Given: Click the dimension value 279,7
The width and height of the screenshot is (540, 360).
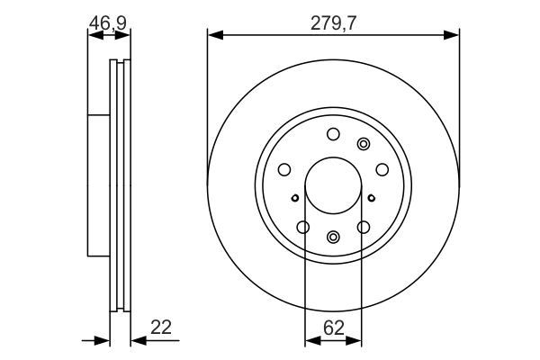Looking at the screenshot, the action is click(333, 23).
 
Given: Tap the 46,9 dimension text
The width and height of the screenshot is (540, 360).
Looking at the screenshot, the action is click(108, 23).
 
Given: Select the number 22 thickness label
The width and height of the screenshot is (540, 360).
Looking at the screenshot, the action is click(161, 327).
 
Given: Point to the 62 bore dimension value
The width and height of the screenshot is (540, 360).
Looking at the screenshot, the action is click(334, 328).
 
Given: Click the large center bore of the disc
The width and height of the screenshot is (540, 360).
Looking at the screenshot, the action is click(333, 185).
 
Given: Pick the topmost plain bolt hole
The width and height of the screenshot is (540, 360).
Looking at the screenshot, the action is click(333, 134).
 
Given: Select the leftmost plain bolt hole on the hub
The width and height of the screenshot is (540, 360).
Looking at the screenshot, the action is click(284, 169).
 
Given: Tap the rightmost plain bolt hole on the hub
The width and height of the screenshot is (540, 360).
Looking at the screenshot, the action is click(382, 169).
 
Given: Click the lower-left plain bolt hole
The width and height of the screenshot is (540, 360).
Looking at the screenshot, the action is click(303, 227).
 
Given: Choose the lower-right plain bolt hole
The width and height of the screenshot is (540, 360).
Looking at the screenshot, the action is click(364, 227).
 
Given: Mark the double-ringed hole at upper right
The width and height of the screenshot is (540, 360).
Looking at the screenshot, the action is click(364, 144).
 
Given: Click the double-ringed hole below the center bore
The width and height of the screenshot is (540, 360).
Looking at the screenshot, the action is click(333, 237).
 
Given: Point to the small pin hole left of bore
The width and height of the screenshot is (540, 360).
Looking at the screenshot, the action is click(295, 198).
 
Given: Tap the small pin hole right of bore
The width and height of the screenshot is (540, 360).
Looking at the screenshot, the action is click(371, 198).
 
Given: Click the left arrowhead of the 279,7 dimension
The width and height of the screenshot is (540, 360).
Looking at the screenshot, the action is click(215, 35).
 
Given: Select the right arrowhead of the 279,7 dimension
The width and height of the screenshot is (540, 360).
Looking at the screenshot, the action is click(452, 35).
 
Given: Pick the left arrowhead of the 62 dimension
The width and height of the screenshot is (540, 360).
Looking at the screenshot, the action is click(312, 341).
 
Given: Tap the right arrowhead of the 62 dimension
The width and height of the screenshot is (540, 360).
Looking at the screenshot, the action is click(354, 341).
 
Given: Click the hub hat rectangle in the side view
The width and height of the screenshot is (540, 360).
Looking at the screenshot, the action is click(99, 185).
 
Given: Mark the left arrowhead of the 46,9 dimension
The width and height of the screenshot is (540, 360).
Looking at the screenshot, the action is click(95, 35).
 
